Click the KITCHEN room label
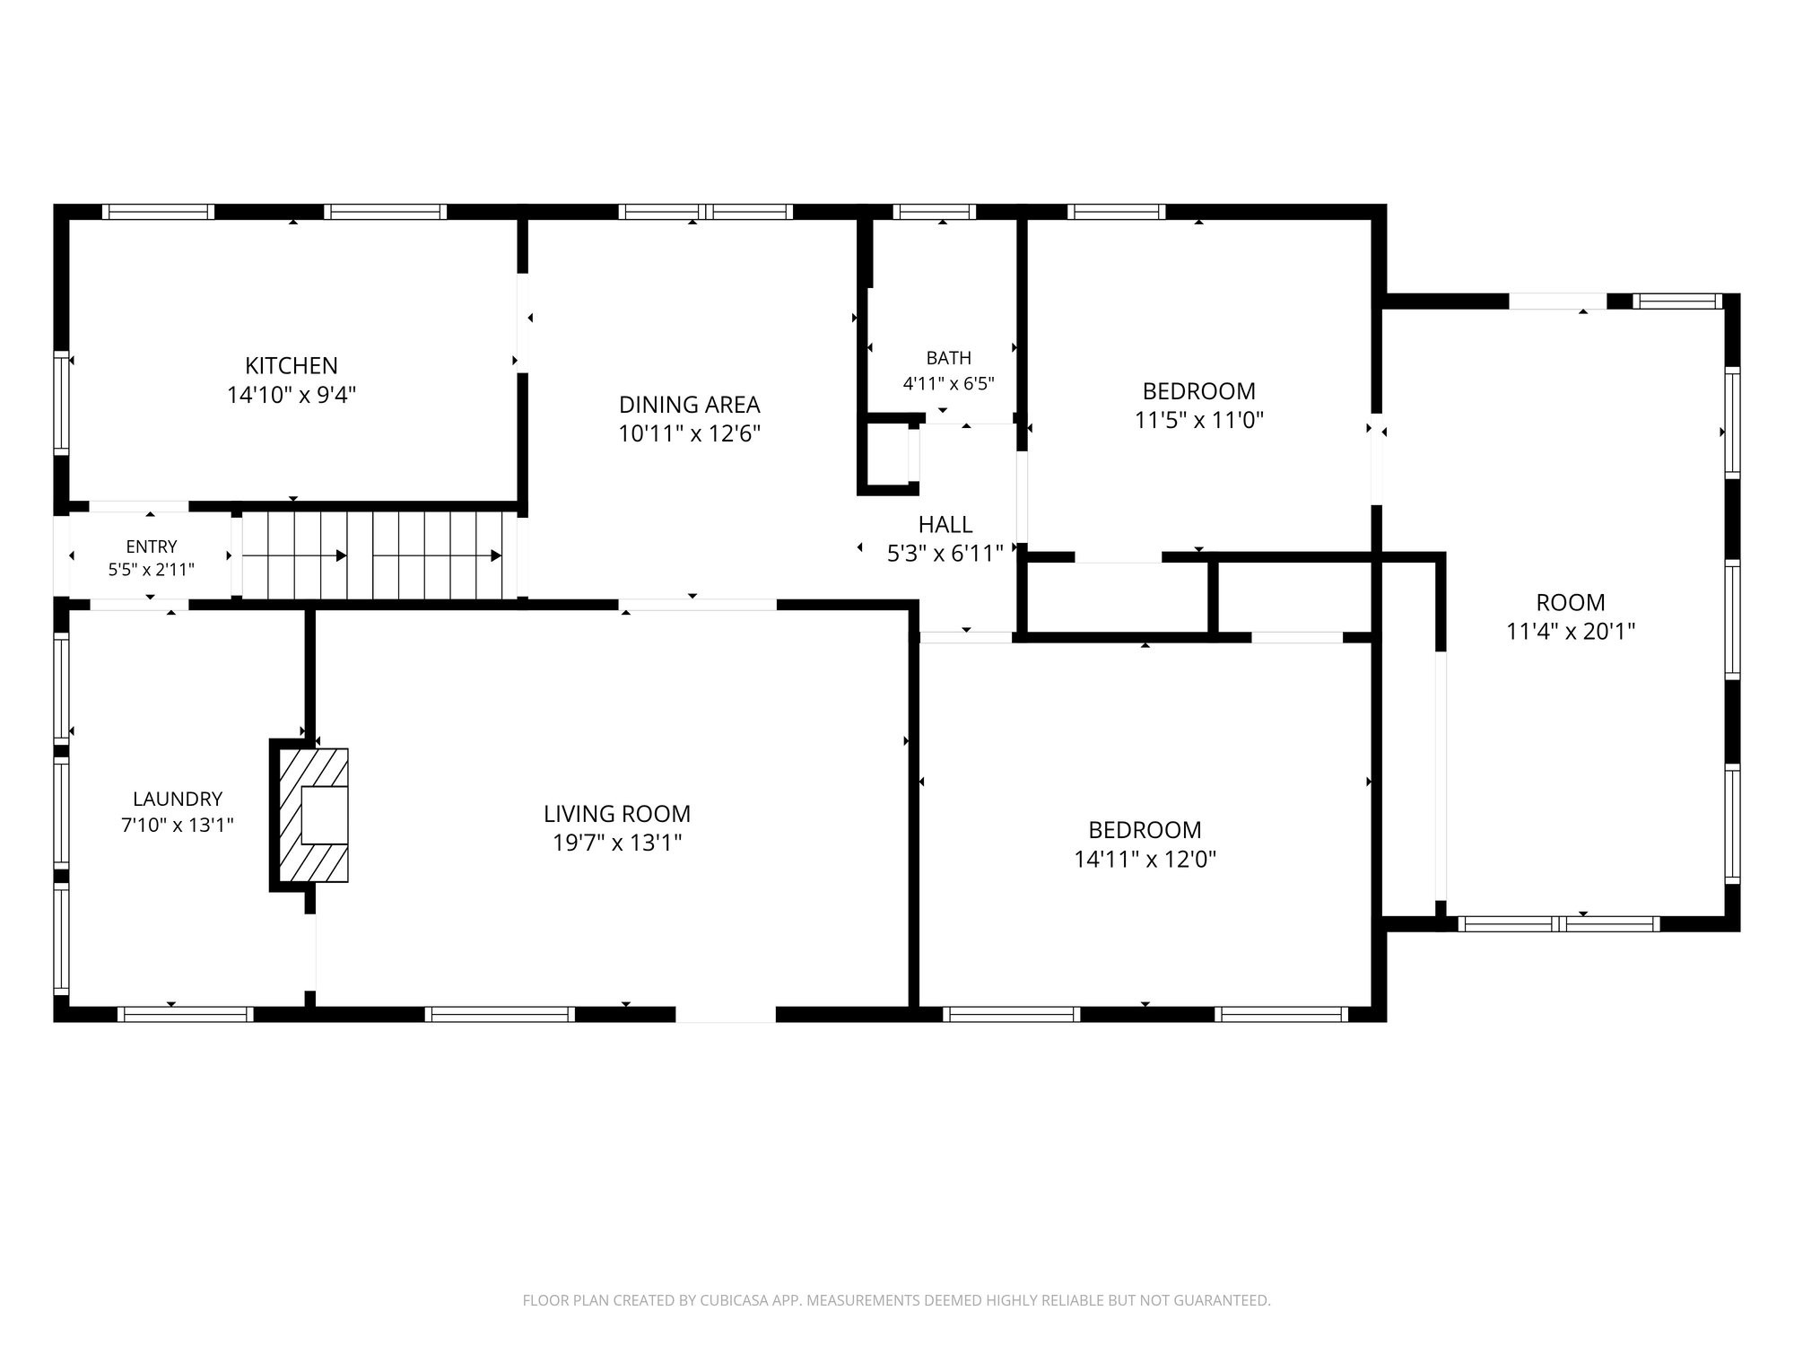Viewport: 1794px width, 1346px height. click(292, 366)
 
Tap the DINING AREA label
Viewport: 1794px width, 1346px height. click(689, 405)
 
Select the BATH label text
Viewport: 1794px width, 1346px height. click(948, 358)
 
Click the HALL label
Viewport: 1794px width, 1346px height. click(945, 524)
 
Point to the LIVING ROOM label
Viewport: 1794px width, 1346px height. click(617, 814)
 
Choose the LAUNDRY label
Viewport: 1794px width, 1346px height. click(178, 799)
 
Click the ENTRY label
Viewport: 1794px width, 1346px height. click(152, 546)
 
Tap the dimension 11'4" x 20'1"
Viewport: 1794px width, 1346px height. click(1571, 632)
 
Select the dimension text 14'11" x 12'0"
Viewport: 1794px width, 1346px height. click(1145, 860)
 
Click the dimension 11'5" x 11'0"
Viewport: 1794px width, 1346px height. click(1199, 420)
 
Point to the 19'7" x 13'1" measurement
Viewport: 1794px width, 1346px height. click(617, 843)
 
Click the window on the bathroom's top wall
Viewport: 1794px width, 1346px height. click(935, 212)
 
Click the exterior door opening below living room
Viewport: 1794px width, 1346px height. click(725, 1015)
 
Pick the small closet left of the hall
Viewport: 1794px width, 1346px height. click(888, 456)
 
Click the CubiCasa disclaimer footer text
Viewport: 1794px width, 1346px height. click(896, 1300)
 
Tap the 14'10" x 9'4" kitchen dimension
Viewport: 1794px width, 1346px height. click(292, 395)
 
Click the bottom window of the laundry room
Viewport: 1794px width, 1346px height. click(186, 1015)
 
